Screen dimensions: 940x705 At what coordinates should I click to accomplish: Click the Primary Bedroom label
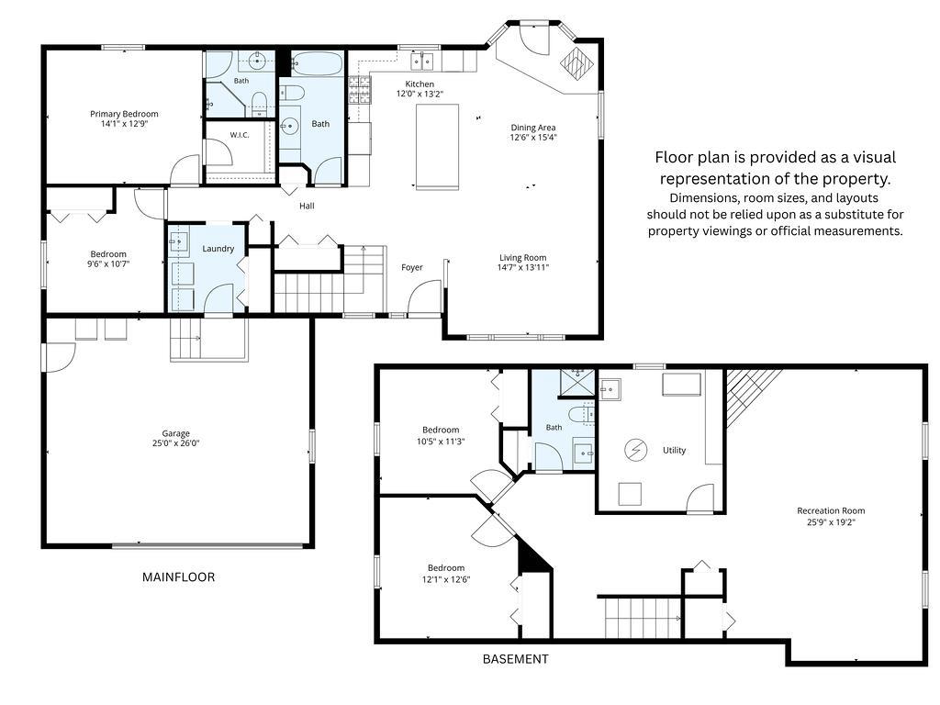pyautogui.click(x=124, y=114)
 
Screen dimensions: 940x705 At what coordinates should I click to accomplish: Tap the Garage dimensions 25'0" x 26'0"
pyautogui.click(x=175, y=443)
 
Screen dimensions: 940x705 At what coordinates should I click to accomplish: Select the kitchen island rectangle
pyautogui.click(x=438, y=147)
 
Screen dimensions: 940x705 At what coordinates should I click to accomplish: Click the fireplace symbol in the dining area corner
pyautogui.click(x=576, y=62)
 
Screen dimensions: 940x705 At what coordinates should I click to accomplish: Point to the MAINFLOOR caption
pyautogui.click(x=178, y=577)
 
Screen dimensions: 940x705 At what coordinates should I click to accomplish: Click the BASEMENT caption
pyautogui.click(x=516, y=659)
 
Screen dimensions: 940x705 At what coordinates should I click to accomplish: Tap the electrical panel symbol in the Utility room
pyautogui.click(x=635, y=450)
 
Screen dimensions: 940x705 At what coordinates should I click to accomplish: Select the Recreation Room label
pyautogui.click(x=831, y=511)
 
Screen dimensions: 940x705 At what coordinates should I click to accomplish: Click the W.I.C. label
pyautogui.click(x=240, y=136)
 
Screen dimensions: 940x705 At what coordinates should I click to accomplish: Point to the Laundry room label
pyautogui.click(x=218, y=249)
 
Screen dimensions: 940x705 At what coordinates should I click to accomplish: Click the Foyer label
pyautogui.click(x=412, y=268)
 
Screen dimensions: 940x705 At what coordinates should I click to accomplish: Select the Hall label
pyautogui.click(x=307, y=207)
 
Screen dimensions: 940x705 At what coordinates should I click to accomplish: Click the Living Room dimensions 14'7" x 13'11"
pyautogui.click(x=522, y=268)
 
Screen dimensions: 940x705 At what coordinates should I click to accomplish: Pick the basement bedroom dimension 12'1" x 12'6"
pyautogui.click(x=446, y=580)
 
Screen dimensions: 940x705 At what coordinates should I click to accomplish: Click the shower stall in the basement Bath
pyautogui.click(x=577, y=383)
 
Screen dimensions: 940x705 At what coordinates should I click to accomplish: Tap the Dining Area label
pyautogui.click(x=533, y=128)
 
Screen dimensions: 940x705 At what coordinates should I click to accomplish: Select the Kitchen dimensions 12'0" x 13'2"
pyautogui.click(x=420, y=95)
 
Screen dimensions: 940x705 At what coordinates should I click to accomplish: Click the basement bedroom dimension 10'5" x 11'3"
pyautogui.click(x=441, y=442)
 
